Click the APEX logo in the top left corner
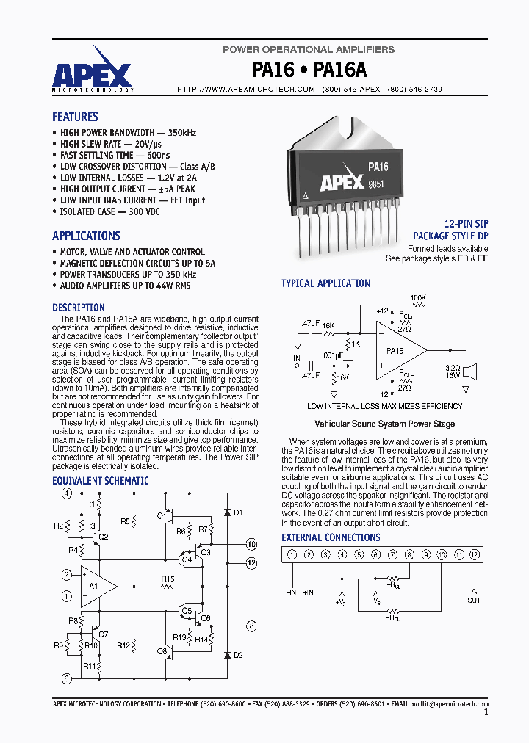click(x=92, y=73)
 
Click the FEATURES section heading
click(x=75, y=117)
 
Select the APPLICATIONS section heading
click(x=86, y=236)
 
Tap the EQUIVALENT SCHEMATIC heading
click(x=100, y=481)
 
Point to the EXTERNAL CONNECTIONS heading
click(x=331, y=537)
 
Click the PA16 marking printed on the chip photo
click(x=378, y=167)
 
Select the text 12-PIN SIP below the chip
click(x=466, y=224)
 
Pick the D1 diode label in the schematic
click(x=237, y=512)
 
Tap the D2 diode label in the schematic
click(x=237, y=654)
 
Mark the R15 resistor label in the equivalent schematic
click(x=168, y=579)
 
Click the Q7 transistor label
click(x=103, y=634)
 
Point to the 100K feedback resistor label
click(x=417, y=298)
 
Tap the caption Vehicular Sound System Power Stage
click(x=384, y=424)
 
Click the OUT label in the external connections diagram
click(x=474, y=600)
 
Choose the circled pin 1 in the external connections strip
click(x=292, y=556)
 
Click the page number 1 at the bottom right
click(x=486, y=711)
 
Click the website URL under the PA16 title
click(x=246, y=89)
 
